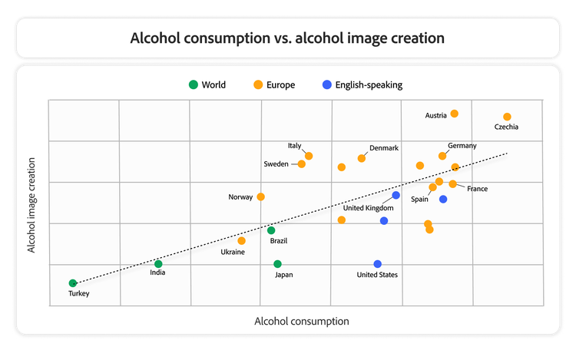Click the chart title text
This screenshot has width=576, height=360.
point(287,38)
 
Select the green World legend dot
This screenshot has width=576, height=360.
point(194,84)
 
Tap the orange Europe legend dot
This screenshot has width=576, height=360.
point(260,84)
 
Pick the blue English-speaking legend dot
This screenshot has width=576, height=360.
point(328,84)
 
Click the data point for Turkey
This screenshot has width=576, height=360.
point(73,283)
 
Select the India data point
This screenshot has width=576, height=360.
point(158,264)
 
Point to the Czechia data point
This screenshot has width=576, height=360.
point(507,117)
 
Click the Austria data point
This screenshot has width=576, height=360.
point(454,114)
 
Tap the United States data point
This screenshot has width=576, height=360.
point(378,264)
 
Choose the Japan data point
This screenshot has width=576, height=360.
point(277,264)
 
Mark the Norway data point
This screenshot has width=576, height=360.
point(260,197)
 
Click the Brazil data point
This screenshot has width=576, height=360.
point(271,230)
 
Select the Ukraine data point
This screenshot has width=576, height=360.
point(242,241)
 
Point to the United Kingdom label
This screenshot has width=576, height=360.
point(368,208)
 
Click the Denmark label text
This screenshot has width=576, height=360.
point(384,148)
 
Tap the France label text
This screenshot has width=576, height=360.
point(477,189)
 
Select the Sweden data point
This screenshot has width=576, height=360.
point(302,163)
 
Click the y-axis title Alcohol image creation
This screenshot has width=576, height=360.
point(32,205)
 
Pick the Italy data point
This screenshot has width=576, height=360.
point(309,156)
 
